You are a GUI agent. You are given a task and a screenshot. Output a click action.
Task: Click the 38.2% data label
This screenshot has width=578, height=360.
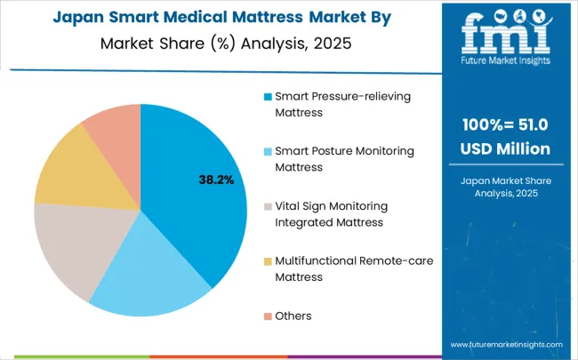(x=216, y=180)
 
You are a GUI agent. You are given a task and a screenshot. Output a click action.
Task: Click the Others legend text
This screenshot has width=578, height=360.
(x=293, y=316)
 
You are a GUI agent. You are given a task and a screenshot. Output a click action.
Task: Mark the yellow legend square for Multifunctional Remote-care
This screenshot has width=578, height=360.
(x=268, y=261)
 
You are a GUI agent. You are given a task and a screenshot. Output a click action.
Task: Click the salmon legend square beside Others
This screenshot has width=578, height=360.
(x=268, y=316)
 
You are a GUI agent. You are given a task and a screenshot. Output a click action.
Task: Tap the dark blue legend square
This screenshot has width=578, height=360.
(x=268, y=96)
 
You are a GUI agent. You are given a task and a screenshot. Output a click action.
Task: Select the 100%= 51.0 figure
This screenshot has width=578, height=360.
(x=505, y=124)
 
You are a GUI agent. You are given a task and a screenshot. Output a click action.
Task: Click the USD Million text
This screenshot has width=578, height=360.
(x=505, y=148)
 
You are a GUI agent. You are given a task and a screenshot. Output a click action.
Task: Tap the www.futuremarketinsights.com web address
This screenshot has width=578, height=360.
(x=506, y=343)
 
